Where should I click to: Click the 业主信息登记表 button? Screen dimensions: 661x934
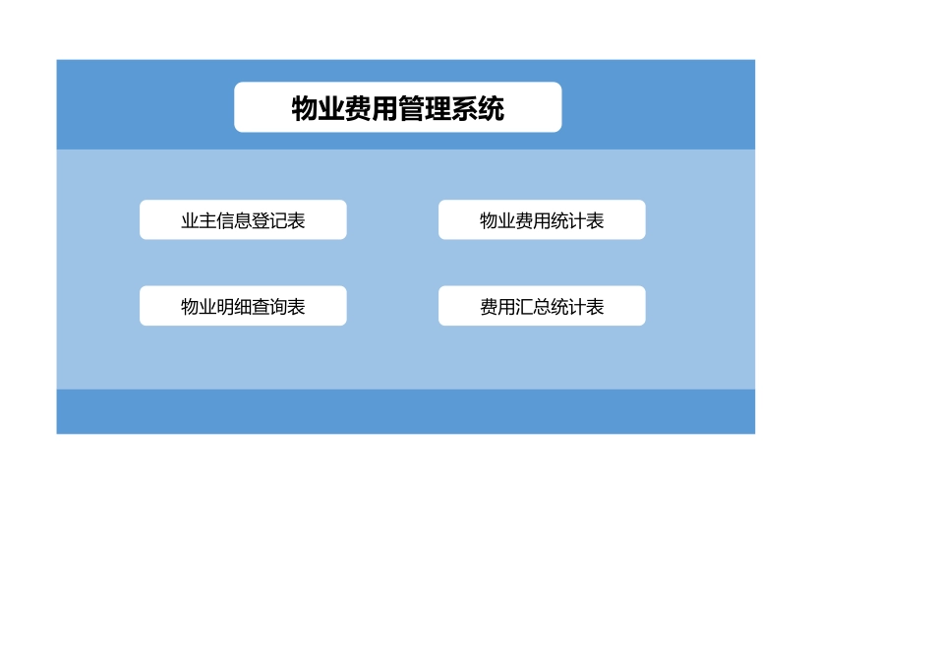pyautogui.click(x=243, y=220)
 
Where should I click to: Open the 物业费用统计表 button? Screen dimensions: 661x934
pyautogui.click(x=542, y=220)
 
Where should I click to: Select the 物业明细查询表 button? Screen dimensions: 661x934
pyautogui.click(x=243, y=306)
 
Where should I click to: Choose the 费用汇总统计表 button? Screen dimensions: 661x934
pyautogui.click(x=542, y=306)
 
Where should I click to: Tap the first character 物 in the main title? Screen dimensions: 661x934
pyautogui.click(x=305, y=108)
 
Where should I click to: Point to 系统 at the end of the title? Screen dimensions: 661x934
pyautogui.click(x=478, y=108)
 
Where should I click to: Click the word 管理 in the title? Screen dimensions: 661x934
pyautogui.click(x=425, y=108)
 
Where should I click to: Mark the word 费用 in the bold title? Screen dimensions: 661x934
pyautogui.click(x=372, y=108)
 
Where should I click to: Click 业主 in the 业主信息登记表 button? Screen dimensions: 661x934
pyautogui.click(x=199, y=221)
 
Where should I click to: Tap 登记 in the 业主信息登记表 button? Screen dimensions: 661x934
pyautogui.click(x=269, y=221)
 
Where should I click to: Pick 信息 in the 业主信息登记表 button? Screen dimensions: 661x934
pyautogui.click(x=234, y=221)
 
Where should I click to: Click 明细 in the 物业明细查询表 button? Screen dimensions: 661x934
pyautogui.click(x=234, y=307)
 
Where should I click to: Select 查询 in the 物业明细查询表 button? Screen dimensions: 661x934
pyautogui.click(x=269, y=307)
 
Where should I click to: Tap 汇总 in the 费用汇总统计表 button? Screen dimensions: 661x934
pyautogui.click(x=533, y=307)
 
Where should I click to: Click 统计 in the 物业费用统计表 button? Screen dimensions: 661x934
pyautogui.click(x=568, y=221)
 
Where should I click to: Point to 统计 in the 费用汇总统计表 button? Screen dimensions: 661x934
pyautogui.click(x=568, y=307)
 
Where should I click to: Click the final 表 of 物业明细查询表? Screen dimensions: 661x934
pyautogui.click(x=296, y=307)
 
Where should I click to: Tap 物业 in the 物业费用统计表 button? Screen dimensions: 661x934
pyautogui.click(x=497, y=221)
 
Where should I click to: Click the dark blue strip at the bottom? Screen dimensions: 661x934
pyautogui.click(x=405, y=411)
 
